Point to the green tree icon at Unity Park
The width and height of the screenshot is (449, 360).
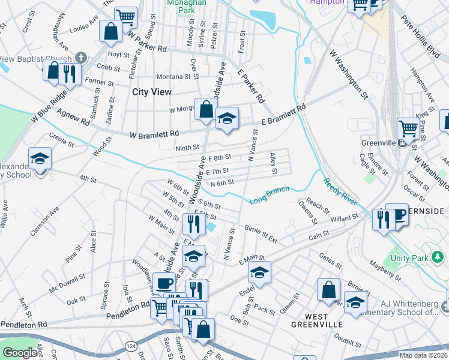tap(438, 257)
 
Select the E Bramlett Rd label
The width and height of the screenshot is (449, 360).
tap(283, 116)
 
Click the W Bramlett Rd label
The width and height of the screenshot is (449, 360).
tap(154, 133)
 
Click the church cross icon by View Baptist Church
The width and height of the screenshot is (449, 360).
tap(81, 59)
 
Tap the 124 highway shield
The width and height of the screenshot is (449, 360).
tap(130, 346)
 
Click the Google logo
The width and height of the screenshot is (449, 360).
tap(20, 352)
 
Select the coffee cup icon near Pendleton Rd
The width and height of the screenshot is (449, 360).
tap(163, 283)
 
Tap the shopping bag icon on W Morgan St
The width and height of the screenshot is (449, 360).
tap(206, 109)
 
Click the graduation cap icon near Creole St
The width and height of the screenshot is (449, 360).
tap(40, 159)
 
